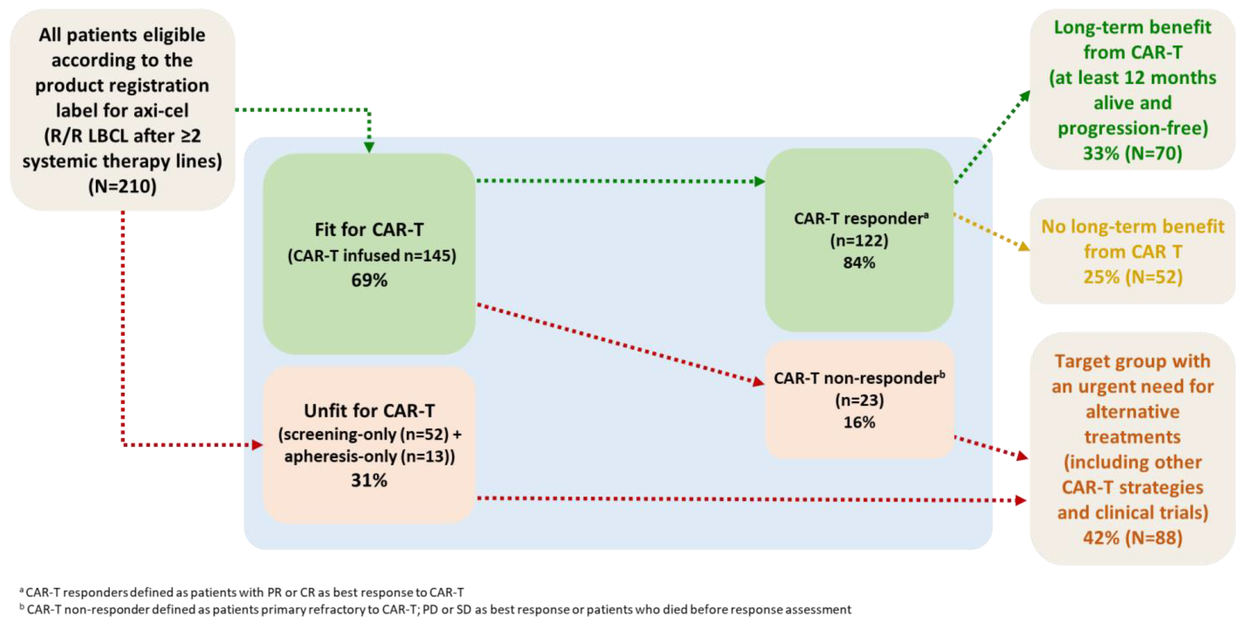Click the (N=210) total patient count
pyautogui.click(x=122, y=186)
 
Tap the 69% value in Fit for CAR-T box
pyautogui.click(x=369, y=280)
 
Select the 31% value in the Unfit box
pyautogui.click(x=369, y=480)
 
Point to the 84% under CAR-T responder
pyautogui.click(x=859, y=263)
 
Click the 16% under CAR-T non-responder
pyautogui.click(x=859, y=422)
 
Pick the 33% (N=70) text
pyautogui.click(x=1133, y=153)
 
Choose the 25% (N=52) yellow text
pyautogui.click(x=1133, y=277)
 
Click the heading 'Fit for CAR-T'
pyautogui.click(x=369, y=230)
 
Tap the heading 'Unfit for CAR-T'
pyautogui.click(x=369, y=411)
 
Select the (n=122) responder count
pyautogui.click(x=859, y=241)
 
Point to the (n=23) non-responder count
pyautogui.click(x=859, y=400)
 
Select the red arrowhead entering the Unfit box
pyautogui.click(x=257, y=445)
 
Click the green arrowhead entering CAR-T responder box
pyautogui.click(x=759, y=181)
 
